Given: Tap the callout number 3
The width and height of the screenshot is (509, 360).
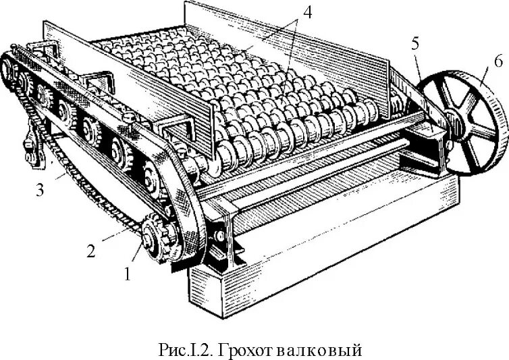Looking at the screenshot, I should click(x=41, y=190).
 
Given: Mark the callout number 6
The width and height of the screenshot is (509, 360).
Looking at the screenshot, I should click(x=498, y=61).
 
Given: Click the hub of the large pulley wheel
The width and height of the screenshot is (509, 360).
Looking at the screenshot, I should click(x=455, y=125).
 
